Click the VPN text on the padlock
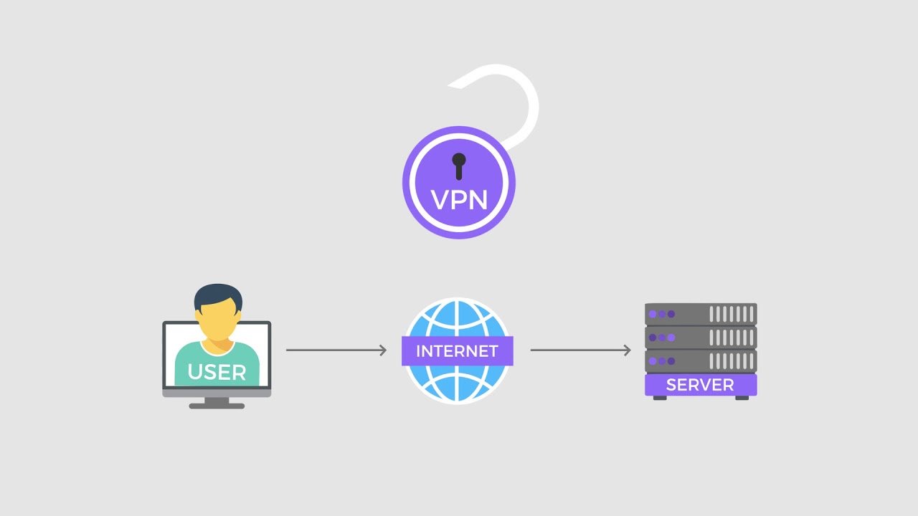[x=459, y=200]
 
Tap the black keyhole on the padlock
[x=459, y=166]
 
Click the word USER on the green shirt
[x=217, y=372]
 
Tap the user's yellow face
[x=217, y=322]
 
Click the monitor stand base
[x=217, y=406]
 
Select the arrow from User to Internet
[x=336, y=350]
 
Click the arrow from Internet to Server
[x=580, y=350]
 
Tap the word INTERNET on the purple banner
[x=457, y=351]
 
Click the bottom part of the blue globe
[x=458, y=384]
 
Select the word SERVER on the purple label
[x=700, y=385]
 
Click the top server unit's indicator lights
[x=662, y=314]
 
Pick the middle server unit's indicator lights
[x=662, y=338]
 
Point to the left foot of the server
[x=660, y=398]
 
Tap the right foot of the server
[x=742, y=398]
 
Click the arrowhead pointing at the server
[x=628, y=350]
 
